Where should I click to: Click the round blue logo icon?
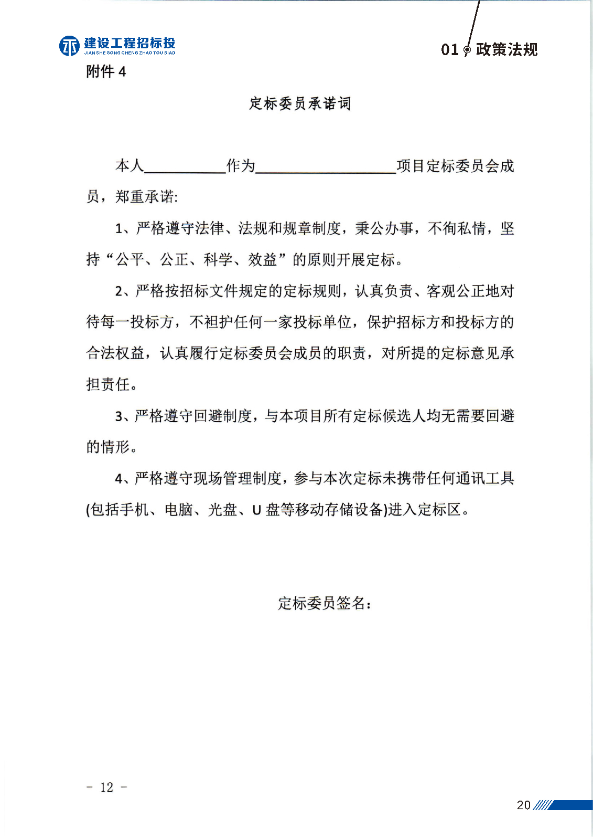[x=69, y=46]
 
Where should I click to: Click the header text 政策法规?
[x=506, y=49]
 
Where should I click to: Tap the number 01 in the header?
[x=449, y=50]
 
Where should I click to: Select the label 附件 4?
[x=106, y=71]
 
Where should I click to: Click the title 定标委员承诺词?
[x=300, y=103]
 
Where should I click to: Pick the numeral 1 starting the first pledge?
[x=119, y=229]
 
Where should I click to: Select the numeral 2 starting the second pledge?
[x=119, y=291]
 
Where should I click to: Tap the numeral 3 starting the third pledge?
[x=119, y=416]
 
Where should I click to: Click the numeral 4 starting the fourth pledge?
[x=119, y=479]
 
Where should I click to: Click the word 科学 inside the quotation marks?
[x=218, y=259]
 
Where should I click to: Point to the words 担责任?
[x=107, y=384]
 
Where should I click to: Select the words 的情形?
[x=107, y=447]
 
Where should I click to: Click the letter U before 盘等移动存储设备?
[x=256, y=510]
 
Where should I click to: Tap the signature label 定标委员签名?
[x=321, y=603]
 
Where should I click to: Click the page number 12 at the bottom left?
[x=106, y=787]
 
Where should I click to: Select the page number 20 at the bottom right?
[x=523, y=805]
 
